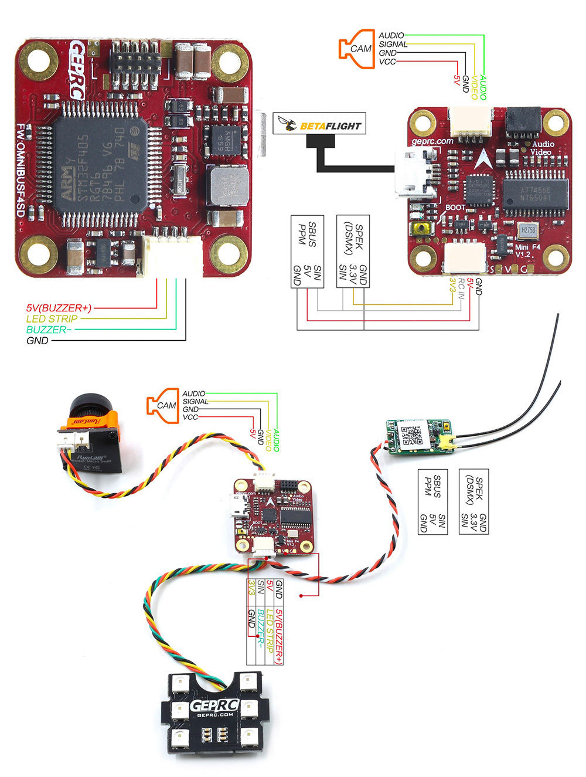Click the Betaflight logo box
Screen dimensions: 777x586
[319, 124]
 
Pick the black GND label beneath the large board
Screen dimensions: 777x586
[38, 341]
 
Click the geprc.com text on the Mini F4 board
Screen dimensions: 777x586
[433, 141]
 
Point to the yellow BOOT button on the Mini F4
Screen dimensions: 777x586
[420, 228]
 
